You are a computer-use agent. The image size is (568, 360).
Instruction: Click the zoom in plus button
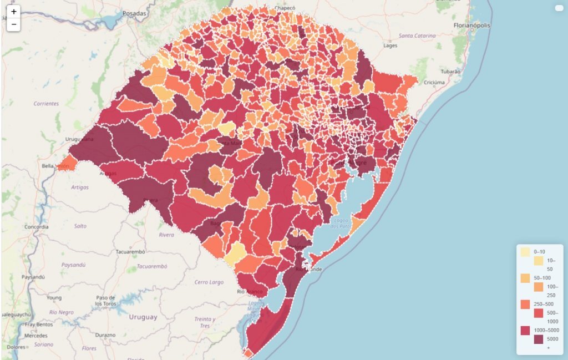click(14, 12)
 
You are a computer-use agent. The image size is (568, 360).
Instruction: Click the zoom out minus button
click(14, 25)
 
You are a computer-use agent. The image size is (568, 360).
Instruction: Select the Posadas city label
click(135, 12)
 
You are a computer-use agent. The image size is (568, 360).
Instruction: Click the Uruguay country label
click(143, 317)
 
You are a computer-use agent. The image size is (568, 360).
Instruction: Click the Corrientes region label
click(46, 104)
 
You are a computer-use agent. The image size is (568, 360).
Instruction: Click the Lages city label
click(391, 45)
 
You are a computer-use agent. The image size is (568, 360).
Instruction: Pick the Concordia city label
click(37, 227)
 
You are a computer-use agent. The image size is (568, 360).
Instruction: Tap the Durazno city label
click(105, 335)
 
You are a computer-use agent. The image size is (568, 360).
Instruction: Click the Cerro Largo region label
click(209, 282)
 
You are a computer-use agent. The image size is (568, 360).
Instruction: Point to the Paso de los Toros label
click(105, 301)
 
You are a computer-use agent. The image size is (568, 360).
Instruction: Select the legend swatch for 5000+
click(538, 339)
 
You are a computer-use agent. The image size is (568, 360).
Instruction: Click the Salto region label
click(80, 226)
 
